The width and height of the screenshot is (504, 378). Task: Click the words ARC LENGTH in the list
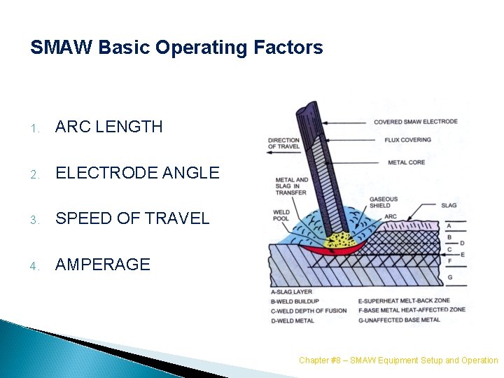pos(108,127)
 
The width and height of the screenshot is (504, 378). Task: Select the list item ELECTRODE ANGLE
pos(137,173)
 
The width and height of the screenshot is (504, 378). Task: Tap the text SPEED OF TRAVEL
pos(132,218)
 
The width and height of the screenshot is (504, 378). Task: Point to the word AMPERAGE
pos(103,265)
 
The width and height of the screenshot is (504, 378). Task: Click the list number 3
pos(34,219)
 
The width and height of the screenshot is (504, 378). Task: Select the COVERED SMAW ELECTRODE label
pos(415,122)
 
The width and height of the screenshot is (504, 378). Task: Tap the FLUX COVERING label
pos(407,140)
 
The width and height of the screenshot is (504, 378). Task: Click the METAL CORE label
pos(406,162)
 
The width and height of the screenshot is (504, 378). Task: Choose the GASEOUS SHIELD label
pos(384,202)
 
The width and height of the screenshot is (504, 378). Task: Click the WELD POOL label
pos(281,215)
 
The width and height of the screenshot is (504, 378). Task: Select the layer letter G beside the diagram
pos(449,278)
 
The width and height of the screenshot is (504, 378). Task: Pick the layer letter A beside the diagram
pos(449,225)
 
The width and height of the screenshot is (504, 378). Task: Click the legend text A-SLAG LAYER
pos(291,292)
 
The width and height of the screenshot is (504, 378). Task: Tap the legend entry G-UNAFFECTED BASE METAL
pos(399,321)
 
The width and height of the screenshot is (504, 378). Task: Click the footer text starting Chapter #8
pos(398,360)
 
